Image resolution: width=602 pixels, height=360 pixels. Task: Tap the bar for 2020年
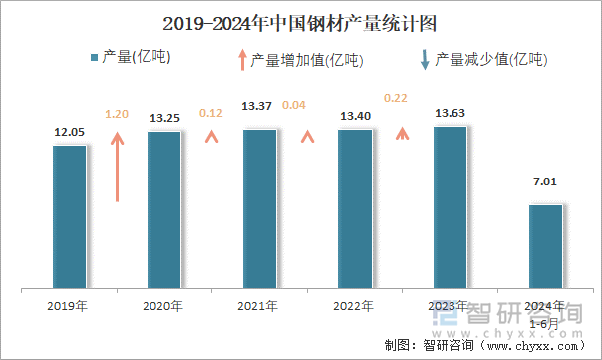163,210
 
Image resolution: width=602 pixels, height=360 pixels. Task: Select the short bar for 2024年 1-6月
545,247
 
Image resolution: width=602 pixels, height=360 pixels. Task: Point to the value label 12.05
69,132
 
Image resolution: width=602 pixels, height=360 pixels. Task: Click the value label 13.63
451,113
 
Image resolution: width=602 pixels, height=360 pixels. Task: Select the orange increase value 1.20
118,115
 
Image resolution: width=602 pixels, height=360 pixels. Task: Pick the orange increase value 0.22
396,97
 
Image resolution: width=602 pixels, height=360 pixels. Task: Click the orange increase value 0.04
295,105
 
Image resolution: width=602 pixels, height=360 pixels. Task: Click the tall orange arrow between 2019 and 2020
118,165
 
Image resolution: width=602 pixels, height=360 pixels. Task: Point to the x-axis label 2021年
259,306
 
